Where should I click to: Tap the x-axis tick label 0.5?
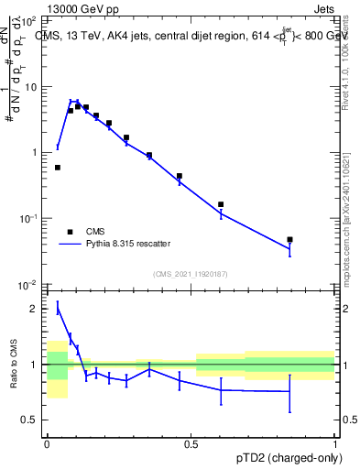point(191,442)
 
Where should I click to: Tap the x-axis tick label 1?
point(334,442)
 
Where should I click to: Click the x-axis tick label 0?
point(47,442)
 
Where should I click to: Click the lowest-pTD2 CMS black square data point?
point(58,168)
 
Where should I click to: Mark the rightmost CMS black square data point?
point(289,239)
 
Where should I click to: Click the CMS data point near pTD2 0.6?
point(221,204)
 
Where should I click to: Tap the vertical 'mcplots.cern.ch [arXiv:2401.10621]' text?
point(352,211)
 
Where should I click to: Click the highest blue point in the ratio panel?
point(58,309)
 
